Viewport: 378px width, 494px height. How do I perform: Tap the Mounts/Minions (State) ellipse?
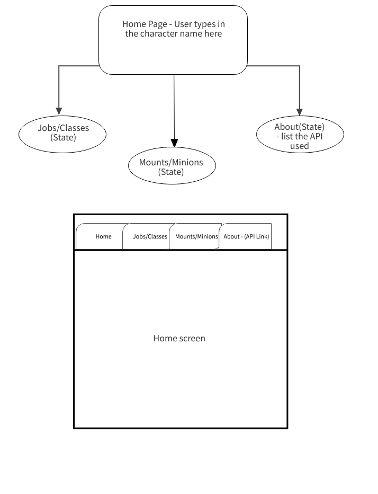tap(172, 167)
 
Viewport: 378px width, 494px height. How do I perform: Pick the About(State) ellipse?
tap(300, 135)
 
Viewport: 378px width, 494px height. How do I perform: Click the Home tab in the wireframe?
tap(103, 236)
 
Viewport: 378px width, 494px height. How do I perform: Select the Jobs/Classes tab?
tap(150, 236)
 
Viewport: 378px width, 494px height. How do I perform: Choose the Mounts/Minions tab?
tap(196, 236)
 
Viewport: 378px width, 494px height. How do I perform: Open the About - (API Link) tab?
tap(246, 236)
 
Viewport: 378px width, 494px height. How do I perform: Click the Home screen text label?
tap(179, 338)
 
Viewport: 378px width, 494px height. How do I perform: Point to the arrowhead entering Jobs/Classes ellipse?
tap(59, 111)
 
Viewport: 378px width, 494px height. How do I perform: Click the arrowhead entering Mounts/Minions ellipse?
tap(174, 143)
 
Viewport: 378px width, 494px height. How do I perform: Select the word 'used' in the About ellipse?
tap(300, 146)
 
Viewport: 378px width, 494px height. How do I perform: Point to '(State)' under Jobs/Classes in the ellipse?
tap(63, 137)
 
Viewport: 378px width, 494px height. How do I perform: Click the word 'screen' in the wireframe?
tap(192, 338)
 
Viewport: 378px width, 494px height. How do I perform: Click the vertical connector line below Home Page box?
tap(174, 106)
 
